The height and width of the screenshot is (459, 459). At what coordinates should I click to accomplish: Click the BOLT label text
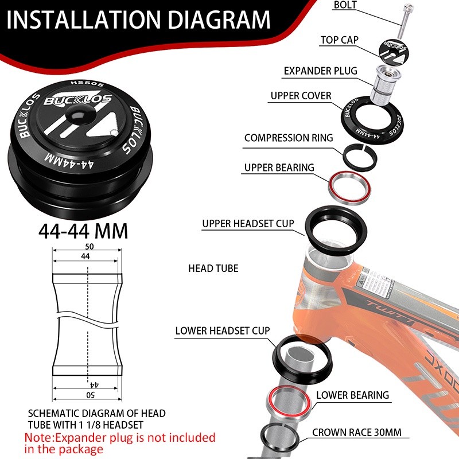coord(345,5)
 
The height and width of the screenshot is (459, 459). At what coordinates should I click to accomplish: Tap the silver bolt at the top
coord(404,21)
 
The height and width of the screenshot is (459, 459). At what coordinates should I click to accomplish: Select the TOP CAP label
coord(339,40)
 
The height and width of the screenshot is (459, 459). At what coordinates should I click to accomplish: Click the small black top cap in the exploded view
coord(394,52)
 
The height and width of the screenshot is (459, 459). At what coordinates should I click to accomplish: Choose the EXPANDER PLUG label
coord(321,71)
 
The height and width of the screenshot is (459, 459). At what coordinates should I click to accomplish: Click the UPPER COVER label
coord(301,96)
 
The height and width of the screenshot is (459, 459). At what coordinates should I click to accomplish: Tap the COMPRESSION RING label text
coord(289,138)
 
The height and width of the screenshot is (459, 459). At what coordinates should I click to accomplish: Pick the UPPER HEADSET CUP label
coord(248,224)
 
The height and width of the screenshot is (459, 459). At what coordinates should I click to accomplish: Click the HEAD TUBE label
coord(213,269)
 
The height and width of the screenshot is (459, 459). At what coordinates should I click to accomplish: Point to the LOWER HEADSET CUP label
coord(223,331)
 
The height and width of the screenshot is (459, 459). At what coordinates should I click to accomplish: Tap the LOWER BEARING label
coord(352,395)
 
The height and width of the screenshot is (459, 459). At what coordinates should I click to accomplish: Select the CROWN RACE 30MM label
coord(356,433)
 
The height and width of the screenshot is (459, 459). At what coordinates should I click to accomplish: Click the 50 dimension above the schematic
coord(89,247)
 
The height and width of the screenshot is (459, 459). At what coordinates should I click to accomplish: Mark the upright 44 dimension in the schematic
coord(85,256)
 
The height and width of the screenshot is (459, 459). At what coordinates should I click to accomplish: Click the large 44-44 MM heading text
coord(83,231)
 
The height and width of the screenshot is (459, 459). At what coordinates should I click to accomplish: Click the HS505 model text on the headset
coord(87,84)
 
